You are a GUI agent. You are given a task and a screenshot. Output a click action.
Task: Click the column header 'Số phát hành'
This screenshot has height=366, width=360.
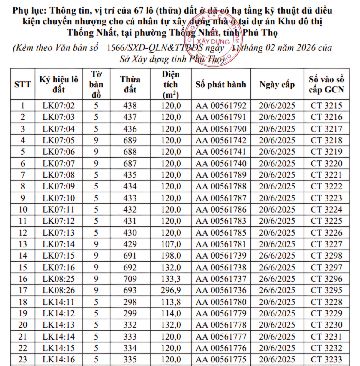(221, 84)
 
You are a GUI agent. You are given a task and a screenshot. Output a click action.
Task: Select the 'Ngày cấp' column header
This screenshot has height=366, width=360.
(277, 84)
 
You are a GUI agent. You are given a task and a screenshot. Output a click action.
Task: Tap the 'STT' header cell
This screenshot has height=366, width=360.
(22, 84)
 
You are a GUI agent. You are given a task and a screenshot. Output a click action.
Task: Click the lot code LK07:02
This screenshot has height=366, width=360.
(58, 106)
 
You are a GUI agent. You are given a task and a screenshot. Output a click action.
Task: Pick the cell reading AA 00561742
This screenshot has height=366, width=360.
(221, 140)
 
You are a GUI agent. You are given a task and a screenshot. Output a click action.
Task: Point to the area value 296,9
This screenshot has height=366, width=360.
(171, 290)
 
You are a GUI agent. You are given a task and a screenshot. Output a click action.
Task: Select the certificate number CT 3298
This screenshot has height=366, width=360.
(326, 256)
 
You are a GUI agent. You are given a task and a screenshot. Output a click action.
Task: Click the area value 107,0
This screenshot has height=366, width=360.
(171, 244)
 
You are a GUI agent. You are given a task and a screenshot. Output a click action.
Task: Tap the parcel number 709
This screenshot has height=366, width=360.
(130, 279)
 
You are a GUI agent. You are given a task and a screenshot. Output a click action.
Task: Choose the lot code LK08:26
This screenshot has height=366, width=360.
(58, 290)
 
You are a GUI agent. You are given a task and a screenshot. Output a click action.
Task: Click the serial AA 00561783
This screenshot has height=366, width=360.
(221, 221)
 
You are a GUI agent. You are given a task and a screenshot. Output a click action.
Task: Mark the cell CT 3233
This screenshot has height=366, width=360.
(326, 359)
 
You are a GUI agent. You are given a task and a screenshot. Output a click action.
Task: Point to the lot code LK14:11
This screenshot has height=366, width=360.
(58, 302)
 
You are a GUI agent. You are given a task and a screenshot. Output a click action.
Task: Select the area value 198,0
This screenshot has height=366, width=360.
(171, 256)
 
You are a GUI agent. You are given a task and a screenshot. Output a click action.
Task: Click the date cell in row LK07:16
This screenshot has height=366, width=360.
(277, 267)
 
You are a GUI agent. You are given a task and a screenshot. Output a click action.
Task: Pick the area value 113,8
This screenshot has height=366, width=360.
(171, 302)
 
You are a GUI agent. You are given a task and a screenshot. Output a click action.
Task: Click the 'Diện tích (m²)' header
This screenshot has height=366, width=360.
(171, 84)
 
